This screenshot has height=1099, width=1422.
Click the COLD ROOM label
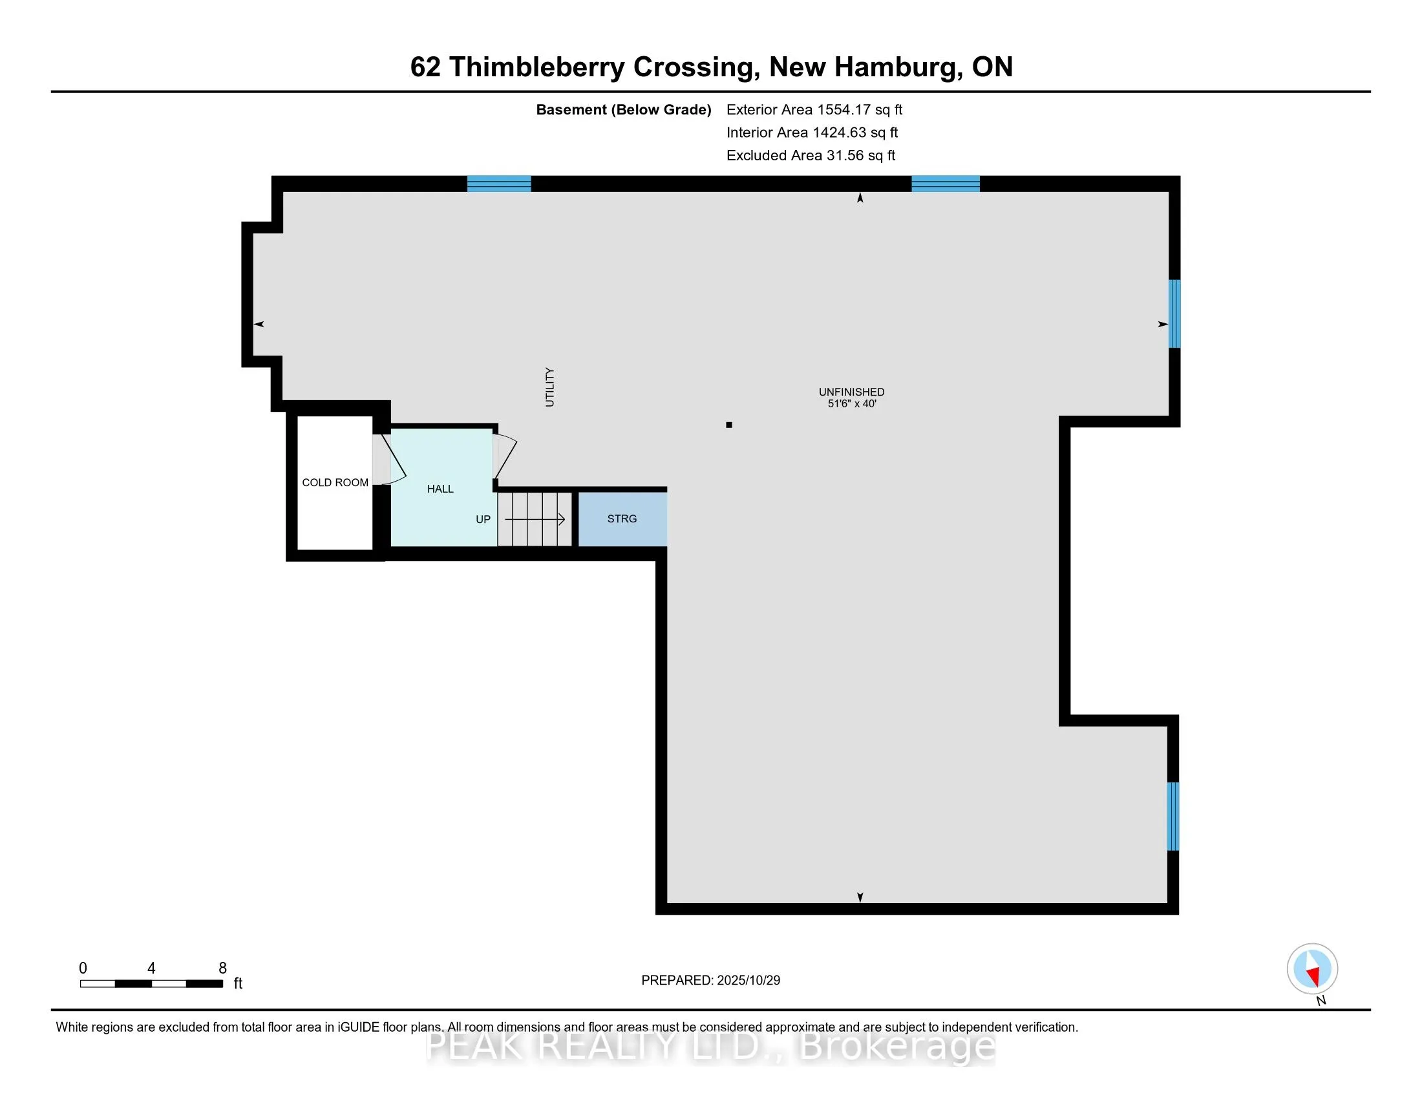point(335,482)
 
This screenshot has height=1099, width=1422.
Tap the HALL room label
point(440,489)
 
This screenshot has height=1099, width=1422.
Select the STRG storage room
point(622,519)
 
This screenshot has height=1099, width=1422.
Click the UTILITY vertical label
point(549,387)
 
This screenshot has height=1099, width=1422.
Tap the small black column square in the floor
point(729,425)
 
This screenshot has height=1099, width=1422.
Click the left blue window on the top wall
point(500,184)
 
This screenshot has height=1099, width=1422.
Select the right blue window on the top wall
point(946,184)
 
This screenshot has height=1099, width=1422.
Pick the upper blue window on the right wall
point(1174,313)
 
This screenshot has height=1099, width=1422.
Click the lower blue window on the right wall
point(1173,816)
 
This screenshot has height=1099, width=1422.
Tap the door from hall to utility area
point(504,456)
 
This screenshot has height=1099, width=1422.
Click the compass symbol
point(1312,968)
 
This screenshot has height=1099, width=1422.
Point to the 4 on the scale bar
point(151,968)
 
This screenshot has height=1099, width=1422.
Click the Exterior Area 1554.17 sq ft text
point(814,109)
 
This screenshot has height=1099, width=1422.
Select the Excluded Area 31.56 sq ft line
point(811,155)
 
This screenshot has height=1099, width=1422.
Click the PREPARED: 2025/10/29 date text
point(710,981)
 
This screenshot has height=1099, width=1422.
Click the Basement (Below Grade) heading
point(623,109)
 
